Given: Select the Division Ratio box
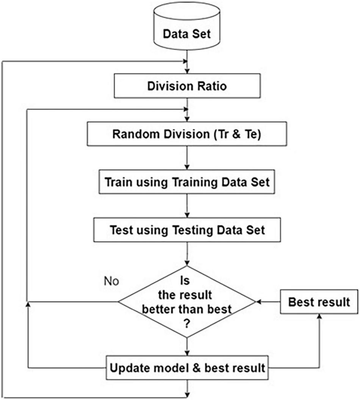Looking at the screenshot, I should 186,86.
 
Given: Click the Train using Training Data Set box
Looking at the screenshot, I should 187,182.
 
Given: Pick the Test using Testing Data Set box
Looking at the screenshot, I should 187,230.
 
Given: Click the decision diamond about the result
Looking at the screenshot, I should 186,302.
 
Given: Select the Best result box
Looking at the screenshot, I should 319,302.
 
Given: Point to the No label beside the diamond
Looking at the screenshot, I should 111,281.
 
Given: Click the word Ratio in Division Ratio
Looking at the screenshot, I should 211,86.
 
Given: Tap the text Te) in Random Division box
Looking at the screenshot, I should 252,134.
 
